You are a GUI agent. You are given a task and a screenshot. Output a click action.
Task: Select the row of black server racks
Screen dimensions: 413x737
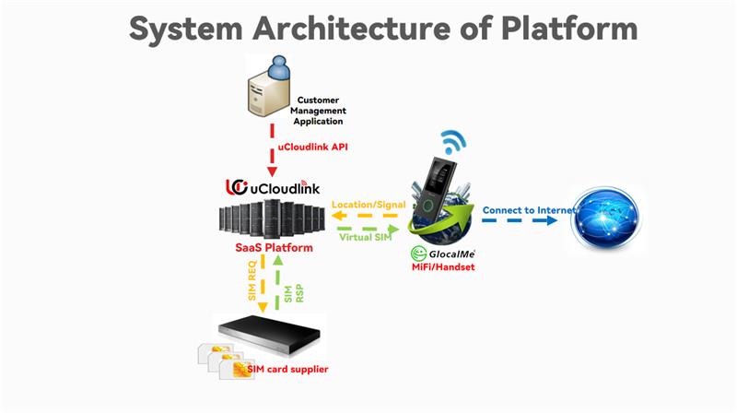tap(271, 218)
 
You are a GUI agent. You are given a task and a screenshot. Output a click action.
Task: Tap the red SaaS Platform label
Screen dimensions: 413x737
tap(274, 248)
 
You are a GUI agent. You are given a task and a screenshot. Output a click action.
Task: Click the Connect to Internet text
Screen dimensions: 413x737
tap(528, 210)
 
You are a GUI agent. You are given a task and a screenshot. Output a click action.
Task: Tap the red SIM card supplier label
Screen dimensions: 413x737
tap(287, 370)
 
